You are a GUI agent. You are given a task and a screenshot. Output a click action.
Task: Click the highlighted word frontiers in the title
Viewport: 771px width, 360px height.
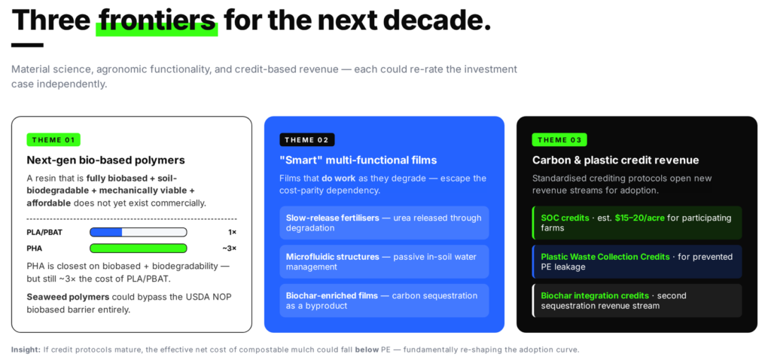[157, 20]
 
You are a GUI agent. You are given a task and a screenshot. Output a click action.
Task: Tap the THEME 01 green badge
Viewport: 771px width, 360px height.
[53, 139]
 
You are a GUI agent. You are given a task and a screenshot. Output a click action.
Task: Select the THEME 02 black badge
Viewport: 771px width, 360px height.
[307, 139]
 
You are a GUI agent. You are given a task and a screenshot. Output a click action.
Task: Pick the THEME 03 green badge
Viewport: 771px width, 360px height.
[559, 139]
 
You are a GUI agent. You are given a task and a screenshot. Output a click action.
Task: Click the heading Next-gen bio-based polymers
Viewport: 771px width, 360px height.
[105, 160]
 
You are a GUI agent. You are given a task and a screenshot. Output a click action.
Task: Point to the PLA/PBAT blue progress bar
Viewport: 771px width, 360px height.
[139, 232]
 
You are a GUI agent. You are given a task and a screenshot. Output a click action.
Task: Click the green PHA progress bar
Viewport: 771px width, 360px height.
[139, 248]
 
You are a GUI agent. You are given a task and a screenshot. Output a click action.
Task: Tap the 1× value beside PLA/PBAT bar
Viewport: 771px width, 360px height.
[232, 232]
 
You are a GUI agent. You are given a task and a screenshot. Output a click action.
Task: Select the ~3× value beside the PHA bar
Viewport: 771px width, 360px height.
[229, 249]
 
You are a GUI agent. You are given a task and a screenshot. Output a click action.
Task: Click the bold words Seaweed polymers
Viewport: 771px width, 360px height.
[68, 297]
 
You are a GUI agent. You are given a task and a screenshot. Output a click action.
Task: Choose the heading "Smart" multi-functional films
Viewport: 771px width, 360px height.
[358, 160]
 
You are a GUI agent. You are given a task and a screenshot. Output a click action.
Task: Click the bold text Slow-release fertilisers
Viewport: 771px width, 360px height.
[332, 218]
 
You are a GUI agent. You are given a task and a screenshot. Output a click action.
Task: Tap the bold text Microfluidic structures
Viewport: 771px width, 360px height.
[332, 257]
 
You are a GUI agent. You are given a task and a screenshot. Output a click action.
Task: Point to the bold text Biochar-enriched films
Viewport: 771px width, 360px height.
[332, 295]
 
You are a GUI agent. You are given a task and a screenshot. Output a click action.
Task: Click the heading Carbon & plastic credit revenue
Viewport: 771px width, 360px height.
[616, 160]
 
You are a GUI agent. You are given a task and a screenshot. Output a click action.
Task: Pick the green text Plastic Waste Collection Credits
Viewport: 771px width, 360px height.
[605, 257]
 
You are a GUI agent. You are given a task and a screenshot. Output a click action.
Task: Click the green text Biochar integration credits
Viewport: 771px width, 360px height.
[595, 295]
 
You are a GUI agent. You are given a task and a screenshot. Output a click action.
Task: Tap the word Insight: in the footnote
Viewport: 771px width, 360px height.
[26, 349]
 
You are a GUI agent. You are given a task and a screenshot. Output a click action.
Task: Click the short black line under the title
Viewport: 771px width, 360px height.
[28, 45]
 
